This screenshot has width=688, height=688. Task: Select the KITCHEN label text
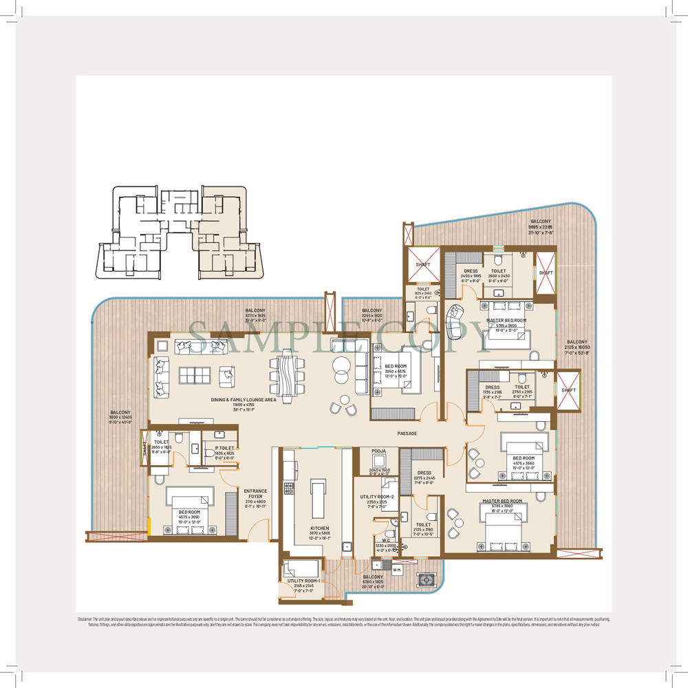(319, 528)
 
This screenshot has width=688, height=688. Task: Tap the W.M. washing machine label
(397, 569)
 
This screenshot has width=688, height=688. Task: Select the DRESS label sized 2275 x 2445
(424, 473)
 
